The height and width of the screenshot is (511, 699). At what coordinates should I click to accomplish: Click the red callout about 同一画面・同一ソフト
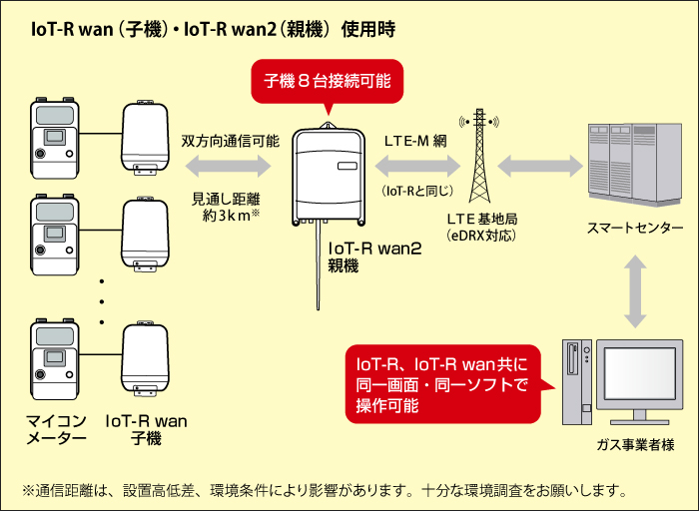tap(443, 380)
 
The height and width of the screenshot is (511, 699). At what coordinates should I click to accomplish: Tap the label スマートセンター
tap(635, 229)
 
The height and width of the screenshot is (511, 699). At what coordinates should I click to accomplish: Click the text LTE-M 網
tap(415, 142)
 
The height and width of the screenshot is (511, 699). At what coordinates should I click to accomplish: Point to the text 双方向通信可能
tap(231, 142)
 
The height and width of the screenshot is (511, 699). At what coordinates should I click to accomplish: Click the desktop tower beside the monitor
tap(574, 379)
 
